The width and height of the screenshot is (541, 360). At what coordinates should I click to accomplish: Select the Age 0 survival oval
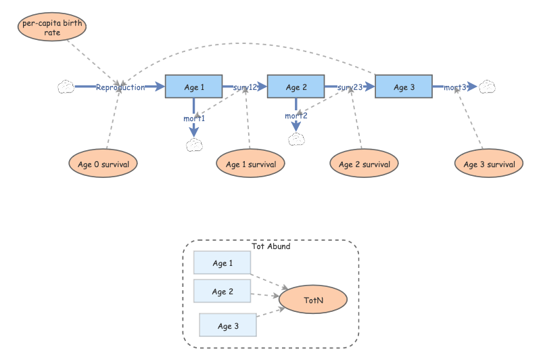click(103, 164)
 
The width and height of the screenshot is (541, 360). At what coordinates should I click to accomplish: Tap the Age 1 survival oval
click(250, 164)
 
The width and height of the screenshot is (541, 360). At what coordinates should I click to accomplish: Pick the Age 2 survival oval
click(364, 164)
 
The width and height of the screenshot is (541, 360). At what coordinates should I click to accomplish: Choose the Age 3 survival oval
click(489, 164)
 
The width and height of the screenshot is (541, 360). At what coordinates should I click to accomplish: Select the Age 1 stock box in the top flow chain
click(194, 87)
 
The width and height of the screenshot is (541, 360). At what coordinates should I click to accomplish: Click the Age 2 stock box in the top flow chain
click(296, 87)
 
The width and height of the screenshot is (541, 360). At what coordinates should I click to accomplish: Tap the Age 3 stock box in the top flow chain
click(404, 87)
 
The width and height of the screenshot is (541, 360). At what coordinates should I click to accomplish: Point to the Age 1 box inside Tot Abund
click(222, 263)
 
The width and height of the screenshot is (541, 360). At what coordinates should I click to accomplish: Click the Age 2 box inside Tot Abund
click(222, 292)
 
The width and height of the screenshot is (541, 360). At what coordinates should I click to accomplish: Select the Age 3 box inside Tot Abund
click(228, 325)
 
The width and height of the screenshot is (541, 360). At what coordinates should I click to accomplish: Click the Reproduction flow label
click(120, 87)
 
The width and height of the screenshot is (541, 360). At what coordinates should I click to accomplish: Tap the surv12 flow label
click(245, 87)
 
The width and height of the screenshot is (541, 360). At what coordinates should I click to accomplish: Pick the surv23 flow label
click(350, 87)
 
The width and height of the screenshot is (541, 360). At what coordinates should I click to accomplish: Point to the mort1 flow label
click(194, 118)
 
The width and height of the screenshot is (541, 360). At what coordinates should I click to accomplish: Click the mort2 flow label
click(296, 116)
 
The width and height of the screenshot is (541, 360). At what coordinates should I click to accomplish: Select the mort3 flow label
click(455, 87)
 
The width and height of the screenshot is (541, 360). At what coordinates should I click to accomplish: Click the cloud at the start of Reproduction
click(66, 87)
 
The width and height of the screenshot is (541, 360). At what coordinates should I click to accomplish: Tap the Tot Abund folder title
click(270, 246)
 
